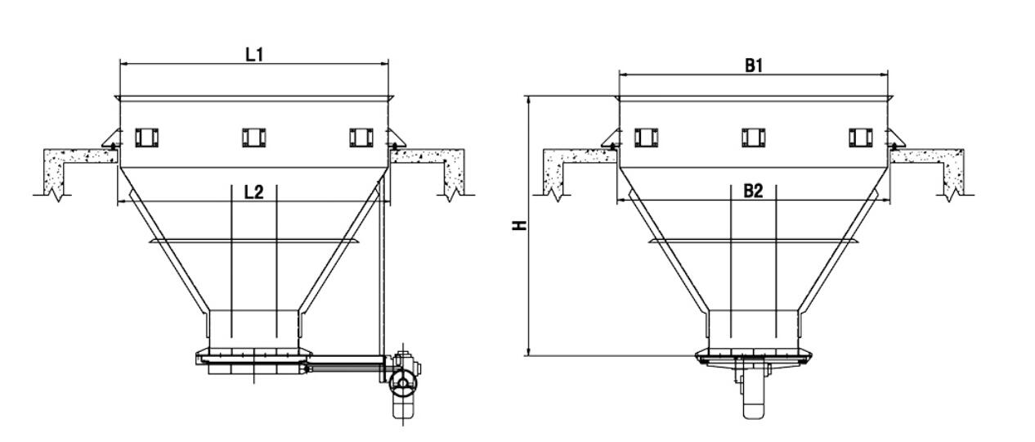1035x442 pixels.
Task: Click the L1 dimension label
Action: (254, 54)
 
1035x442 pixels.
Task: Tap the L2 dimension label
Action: (254, 192)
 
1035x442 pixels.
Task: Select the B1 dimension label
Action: (753, 66)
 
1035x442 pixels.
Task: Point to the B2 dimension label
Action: (753, 192)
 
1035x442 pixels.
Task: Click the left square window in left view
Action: (146, 138)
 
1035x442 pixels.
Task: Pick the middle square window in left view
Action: (253, 138)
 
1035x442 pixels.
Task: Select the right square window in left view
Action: (361, 138)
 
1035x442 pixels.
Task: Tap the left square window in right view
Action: (646, 138)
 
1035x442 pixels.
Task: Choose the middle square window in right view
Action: (753, 138)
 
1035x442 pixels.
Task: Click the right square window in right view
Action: (860, 138)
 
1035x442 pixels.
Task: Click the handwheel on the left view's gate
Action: (401, 381)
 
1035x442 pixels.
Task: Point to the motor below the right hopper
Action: (752, 391)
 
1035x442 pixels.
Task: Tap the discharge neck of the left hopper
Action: (254, 327)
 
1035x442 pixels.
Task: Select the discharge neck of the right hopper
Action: (753, 327)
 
